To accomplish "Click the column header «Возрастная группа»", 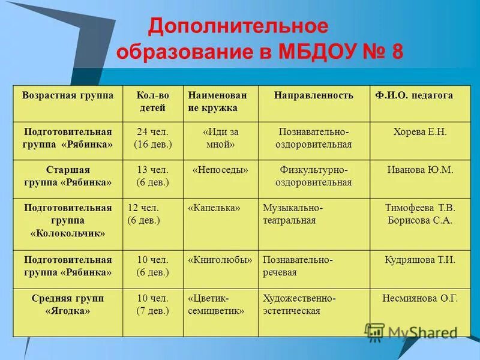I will coord(67,96).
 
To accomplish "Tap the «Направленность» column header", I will coord(313,96).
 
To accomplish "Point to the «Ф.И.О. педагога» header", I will coord(414,96).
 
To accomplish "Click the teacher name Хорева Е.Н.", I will coord(420,132).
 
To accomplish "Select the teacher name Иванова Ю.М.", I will coord(420,170).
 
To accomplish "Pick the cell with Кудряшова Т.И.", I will coord(420,260).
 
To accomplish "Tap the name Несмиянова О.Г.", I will coord(420,298).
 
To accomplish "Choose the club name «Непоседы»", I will coord(220,170).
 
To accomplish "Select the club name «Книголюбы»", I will coord(220,260).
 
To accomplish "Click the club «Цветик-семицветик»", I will coord(216,304).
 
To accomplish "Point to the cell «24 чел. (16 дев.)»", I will coord(152,139).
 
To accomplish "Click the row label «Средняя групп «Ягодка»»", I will coord(67,304).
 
